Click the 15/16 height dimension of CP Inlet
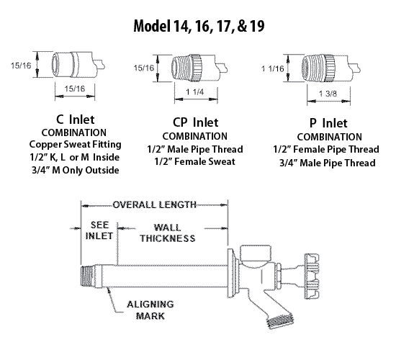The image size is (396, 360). [143, 68]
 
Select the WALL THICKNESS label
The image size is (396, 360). [168, 233]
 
